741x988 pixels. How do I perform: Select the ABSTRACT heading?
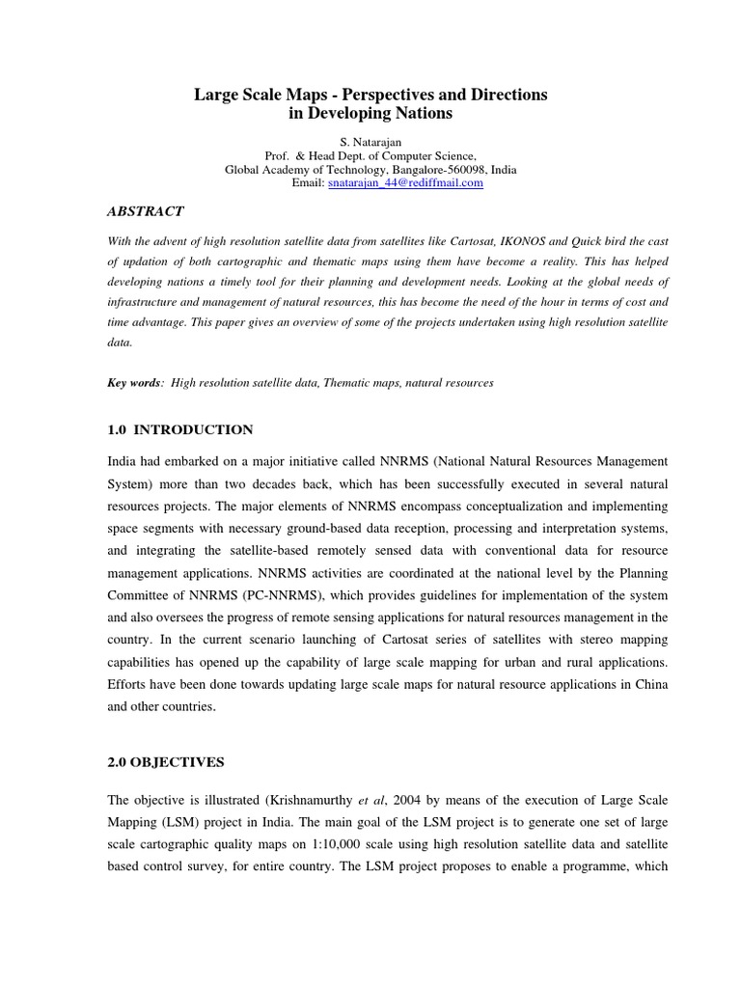[145, 211]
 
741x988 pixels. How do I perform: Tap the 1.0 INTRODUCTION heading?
[179, 429]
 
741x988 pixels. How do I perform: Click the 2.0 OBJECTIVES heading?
[165, 762]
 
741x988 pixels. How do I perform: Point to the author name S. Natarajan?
[370, 142]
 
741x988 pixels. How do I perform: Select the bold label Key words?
[134, 383]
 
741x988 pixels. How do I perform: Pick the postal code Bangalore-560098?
[427, 169]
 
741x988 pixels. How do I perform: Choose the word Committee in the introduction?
[143, 596]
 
